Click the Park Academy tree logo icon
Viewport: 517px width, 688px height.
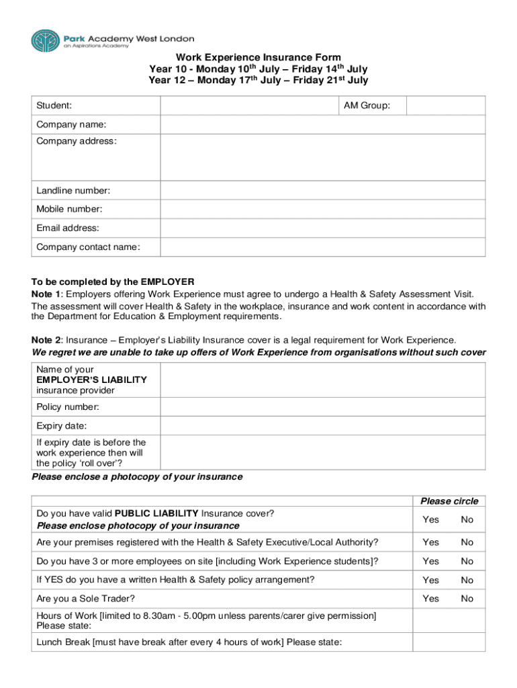pyautogui.click(x=44, y=40)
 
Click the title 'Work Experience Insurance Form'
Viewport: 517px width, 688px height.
pyautogui.click(x=258, y=58)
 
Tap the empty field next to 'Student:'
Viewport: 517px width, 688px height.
pyautogui.click(x=248, y=105)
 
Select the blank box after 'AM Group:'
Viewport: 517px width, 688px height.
pyautogui.click(x=445, y=105)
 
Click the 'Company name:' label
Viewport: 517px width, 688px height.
pyautogui.click(x=71, y=125)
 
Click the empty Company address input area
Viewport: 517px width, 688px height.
pyautogui.click(x=322, y=157)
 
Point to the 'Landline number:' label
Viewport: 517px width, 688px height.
pyautogui.click(x=73, y=191)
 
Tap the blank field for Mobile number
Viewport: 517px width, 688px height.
pyautogui.click(x=322, y=209)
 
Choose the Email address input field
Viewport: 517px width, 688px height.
pyautogui.click(x=322, y=228)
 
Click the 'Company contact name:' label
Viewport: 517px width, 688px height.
pyautogui.click(x=88, y=247)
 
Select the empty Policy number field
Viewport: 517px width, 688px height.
pyautogui.click(x=322, y=407)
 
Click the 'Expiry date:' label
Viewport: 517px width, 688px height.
pyautogui.click(x=61, y=426)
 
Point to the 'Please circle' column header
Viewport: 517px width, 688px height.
pyautogui.click(x=449, y=501)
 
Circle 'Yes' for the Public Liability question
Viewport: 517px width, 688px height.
pyautogui.click(x=430, y=519)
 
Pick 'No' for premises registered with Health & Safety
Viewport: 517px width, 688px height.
pyautogui.click(x=467, y=542)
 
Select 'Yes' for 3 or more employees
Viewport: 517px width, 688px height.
pyautogui.click(x=430, y=561)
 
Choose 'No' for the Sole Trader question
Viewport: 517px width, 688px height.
pyautogui.click(x=467, y=599)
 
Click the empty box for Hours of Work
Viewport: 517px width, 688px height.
pyautogui.click(x=449, y=620)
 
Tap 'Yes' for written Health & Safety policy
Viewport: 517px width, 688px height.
pyautogui.click(x=430, y=580)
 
